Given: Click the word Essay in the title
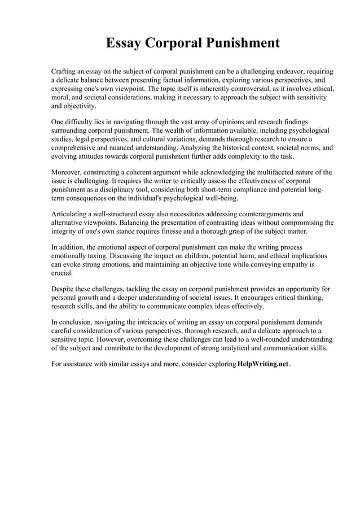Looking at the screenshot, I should [x=124, y=43].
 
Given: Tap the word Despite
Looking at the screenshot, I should [x=64, y=289].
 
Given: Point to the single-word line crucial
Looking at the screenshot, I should [x=62, y=272].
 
